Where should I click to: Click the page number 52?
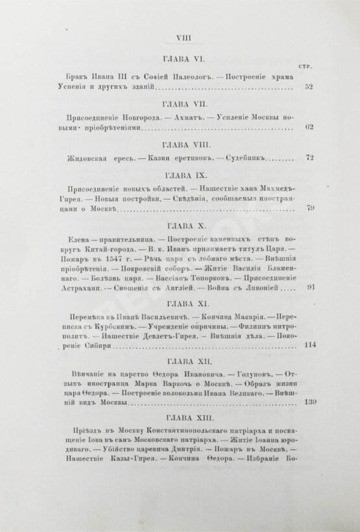click(x=309, y=85)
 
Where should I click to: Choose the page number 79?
click(x=309, y=208)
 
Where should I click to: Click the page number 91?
click(x=309, y=287)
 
